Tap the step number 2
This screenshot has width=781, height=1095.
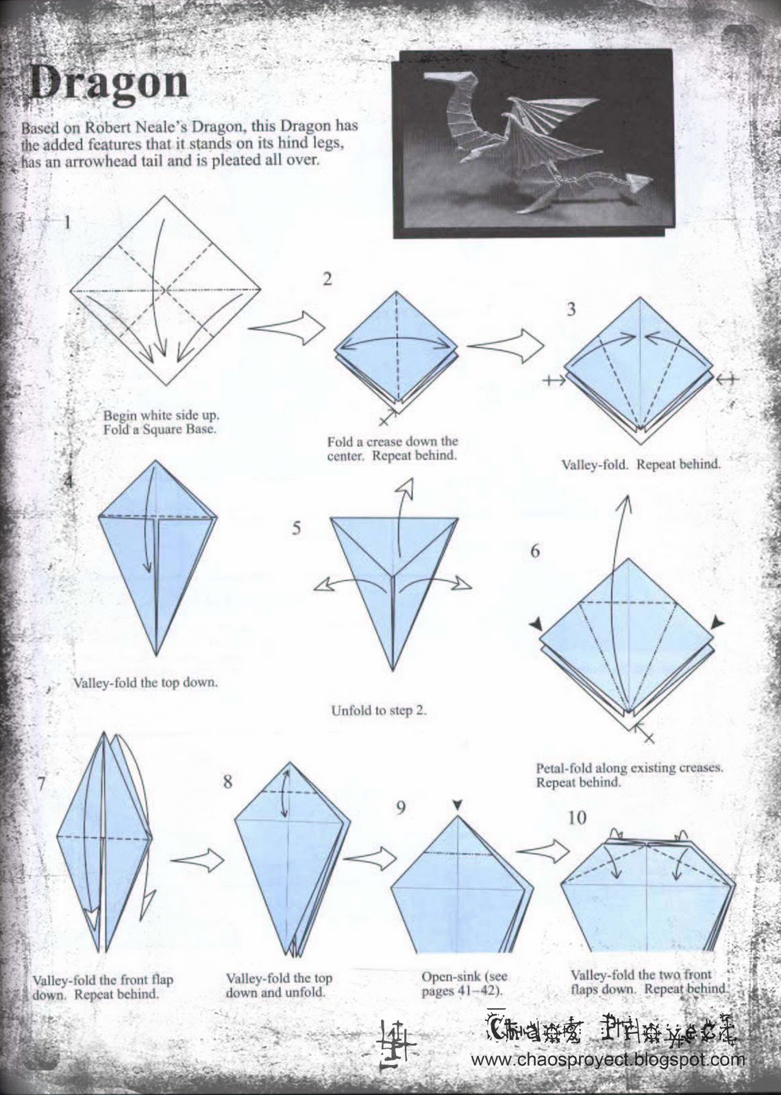327,279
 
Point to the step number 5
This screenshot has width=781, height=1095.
296,528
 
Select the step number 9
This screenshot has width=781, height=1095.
400,808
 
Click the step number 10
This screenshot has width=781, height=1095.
577,817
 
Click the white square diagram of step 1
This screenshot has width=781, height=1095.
165,291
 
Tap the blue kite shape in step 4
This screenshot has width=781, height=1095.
158,568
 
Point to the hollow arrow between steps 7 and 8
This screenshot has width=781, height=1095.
197,860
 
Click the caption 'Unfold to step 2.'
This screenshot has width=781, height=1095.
379,710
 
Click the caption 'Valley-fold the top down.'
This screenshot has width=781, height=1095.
145,682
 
